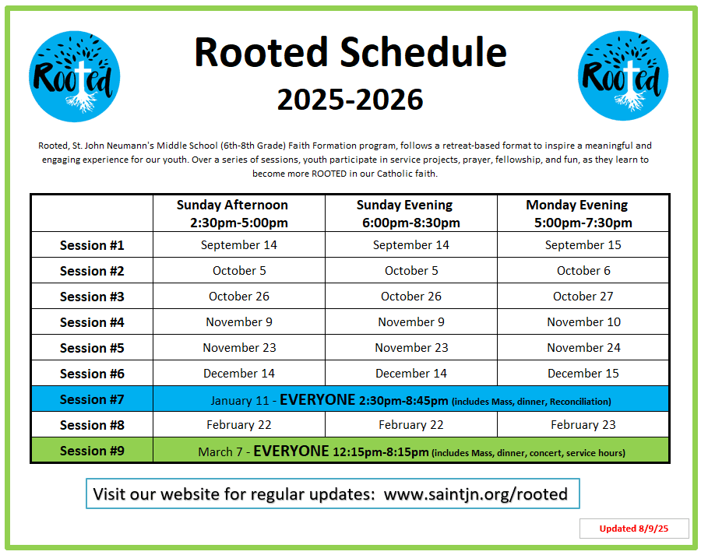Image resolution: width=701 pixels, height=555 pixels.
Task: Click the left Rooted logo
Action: pyautogui.click(x=74, y=76)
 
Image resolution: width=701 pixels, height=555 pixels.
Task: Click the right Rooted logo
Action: pyautogui.click(x=623, y=76)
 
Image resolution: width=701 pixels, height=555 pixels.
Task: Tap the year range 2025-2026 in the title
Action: pyautogui.click(x=350, y=99)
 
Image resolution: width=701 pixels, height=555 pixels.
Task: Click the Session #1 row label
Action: pyautogui.click(x=92, y=245)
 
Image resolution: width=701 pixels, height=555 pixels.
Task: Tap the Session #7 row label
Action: pyautogui.click(x=92, y=399)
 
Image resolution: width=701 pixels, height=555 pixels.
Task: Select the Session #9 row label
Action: pyautogui.click(x=92, y=451)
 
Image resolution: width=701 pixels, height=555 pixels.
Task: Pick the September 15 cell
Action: pyautogui.click(x=583, y=245)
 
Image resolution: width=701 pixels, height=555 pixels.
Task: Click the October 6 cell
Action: pyautogui.click(x=583, y=271)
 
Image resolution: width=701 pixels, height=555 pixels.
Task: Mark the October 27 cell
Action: pyautogui.click(x=583, y=297)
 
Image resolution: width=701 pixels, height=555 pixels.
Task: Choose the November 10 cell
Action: pyautogui.click(x=583, y=322)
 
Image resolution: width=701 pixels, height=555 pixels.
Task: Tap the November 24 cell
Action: pyautogui.click(x=583, y=348)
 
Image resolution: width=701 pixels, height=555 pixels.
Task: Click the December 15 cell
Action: pyautogui.click(x=583, y=374)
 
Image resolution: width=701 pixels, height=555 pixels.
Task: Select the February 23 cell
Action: pyautogui.click(x=583, y=425)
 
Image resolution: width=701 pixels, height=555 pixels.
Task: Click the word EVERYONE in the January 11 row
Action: pyautogui.click(x=318, y=399)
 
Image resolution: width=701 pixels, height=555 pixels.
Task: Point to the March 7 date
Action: pyautogui.click(x=220, y=451)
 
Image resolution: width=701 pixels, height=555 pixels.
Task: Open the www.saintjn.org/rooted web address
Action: pyautogui.click(x=476, y=494)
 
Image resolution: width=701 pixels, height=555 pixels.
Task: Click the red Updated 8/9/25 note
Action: pyautogui.click(x=633, y=529)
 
